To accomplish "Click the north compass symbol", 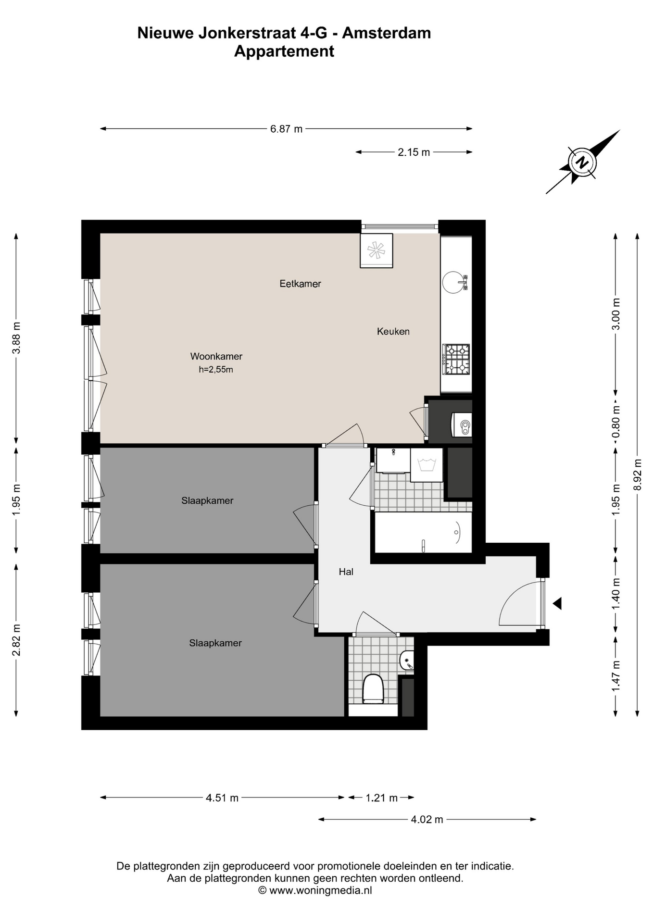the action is coord(582,162).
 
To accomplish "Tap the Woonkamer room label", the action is coord(216,356).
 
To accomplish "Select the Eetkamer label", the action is coord(300,284).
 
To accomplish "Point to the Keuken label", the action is coord(393,331).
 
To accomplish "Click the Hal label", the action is coord(346,572).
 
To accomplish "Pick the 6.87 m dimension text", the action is coord(287,129).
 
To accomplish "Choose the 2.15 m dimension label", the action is coord(414,152).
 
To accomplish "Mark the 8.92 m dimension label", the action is coord(638,474).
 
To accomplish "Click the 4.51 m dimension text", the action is coord(222,798).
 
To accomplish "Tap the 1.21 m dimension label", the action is coord(382,798).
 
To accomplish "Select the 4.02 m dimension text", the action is coord(427,820).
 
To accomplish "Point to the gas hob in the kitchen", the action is coord(456,359).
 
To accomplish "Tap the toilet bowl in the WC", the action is coord(373,688).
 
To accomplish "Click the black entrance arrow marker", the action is coord(557,603).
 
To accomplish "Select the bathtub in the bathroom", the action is coord(423,532).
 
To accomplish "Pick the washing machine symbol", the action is coord(427,465).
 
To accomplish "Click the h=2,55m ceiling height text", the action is coord(216,370).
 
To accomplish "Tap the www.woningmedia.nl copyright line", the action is coord(315,890).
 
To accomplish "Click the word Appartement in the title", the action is coord(284,51).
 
